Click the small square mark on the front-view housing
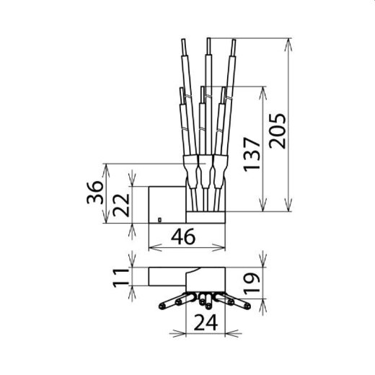click(x=159, y=218)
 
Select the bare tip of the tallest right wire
click(x=234, y=45)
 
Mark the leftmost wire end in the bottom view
click(x=160, y=306)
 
